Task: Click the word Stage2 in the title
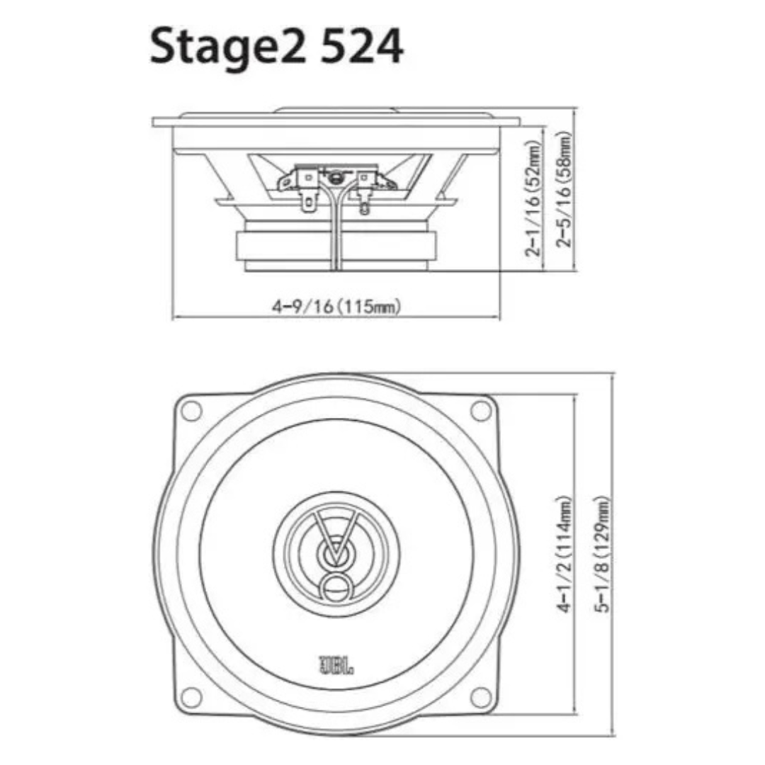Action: coord(228,48)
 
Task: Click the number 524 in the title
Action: coord(361,46)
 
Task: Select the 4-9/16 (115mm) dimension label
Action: coord(336,307)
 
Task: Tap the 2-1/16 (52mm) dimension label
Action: coord(534,198)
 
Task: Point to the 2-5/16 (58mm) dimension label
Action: coord(563,189)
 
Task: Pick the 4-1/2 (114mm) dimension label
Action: coord(565,555)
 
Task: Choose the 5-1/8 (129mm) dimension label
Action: coord(603,554)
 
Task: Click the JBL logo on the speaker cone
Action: coord(336,664)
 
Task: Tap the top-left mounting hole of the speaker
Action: coord(192,411)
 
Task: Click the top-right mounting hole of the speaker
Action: coord(480,410)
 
